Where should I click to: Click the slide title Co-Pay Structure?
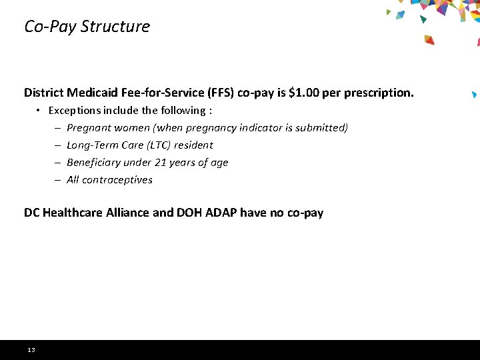(87, 27)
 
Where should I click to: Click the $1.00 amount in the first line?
(303, 93)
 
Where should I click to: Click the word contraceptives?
(117, 179)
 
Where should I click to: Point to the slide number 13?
(31, 350)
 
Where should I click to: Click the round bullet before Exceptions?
(39, 110)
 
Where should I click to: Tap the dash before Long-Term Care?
(58, 145)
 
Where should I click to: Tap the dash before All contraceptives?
(58, 179)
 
